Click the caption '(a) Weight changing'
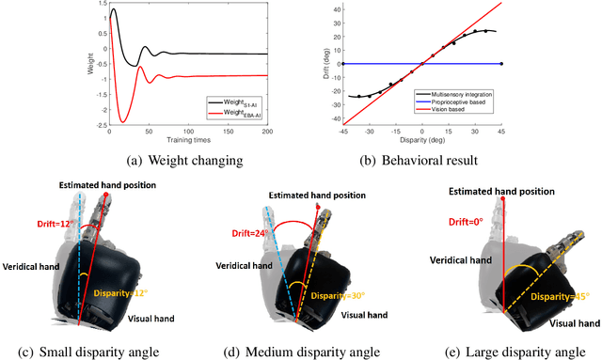(150, 160)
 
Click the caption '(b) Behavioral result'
(421, 160)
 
